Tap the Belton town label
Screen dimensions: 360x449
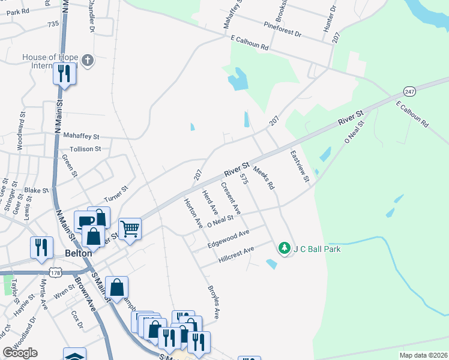tap(77, 253)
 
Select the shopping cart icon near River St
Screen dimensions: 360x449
tap(130, 229)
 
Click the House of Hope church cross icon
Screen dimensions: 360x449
tap(88, 60)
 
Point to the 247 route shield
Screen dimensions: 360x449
tap(409, 91)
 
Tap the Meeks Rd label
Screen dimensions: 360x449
tap(263, 178)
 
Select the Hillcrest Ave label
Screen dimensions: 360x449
tap(237, 254)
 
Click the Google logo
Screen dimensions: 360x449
tap(20, 352)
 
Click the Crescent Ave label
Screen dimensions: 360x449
tap(231, 200)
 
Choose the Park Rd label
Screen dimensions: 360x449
tap(18, 11)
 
